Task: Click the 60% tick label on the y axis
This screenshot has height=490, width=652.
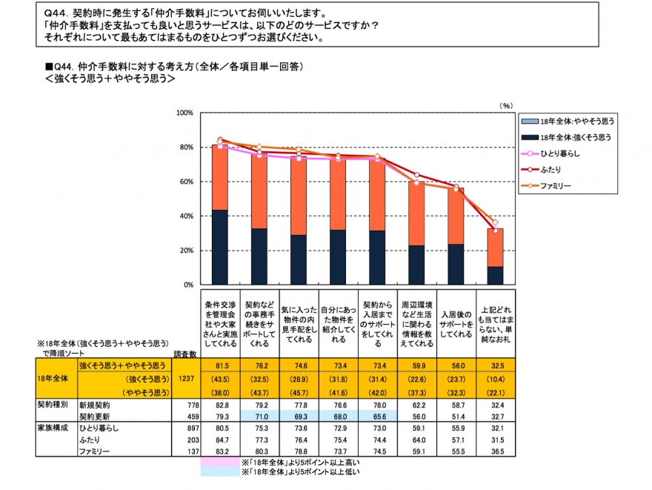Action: click(184, 182)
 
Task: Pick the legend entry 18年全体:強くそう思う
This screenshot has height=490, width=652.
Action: click(575, 136)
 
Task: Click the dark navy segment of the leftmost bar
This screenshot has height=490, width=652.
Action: click(220, 247)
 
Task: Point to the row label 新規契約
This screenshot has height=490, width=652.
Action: click(94, 406)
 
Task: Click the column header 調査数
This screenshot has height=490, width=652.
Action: click(183, 355)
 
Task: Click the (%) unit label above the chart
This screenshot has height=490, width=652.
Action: click(506, 105)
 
